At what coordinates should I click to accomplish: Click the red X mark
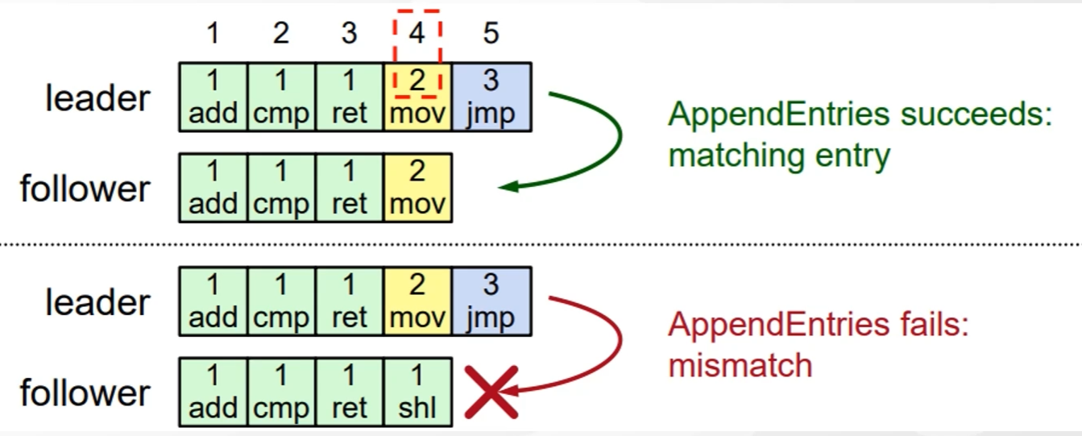click(x=491, y=392)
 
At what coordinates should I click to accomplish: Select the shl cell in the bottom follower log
click(x=417, y=392)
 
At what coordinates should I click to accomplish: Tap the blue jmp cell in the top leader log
click(x=491, y=98)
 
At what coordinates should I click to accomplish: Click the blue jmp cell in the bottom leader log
click(x=491, y=301)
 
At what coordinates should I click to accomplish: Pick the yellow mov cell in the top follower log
click(x=417, y=188)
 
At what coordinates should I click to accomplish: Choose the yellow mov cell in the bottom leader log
click(x=417, y=301)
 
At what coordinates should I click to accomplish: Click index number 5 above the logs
click(x=491, y=34)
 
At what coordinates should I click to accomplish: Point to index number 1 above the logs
click(x=213, y=34)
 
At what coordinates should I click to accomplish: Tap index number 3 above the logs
click(x=349, y=34)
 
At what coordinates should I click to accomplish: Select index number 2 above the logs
click(x=280, y=34)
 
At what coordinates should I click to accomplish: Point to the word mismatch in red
click(x=740, y=366)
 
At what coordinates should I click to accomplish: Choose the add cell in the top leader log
click(x=213, y=98)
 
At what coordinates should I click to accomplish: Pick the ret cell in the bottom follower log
click(x=349, y=392)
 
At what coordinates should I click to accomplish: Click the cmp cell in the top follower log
click(x=280, y=188)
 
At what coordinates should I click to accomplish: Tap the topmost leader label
click(x=97, y=98)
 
